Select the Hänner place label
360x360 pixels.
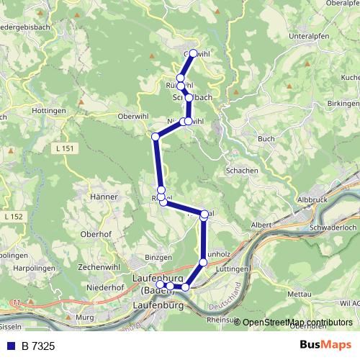103,196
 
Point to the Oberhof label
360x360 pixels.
96,233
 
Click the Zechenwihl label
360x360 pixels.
98,266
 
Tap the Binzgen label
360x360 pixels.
158,257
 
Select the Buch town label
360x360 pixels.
266,138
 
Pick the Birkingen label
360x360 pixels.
343,103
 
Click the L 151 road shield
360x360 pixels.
63,148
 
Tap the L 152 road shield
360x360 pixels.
13,216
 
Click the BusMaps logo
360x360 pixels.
325,346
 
